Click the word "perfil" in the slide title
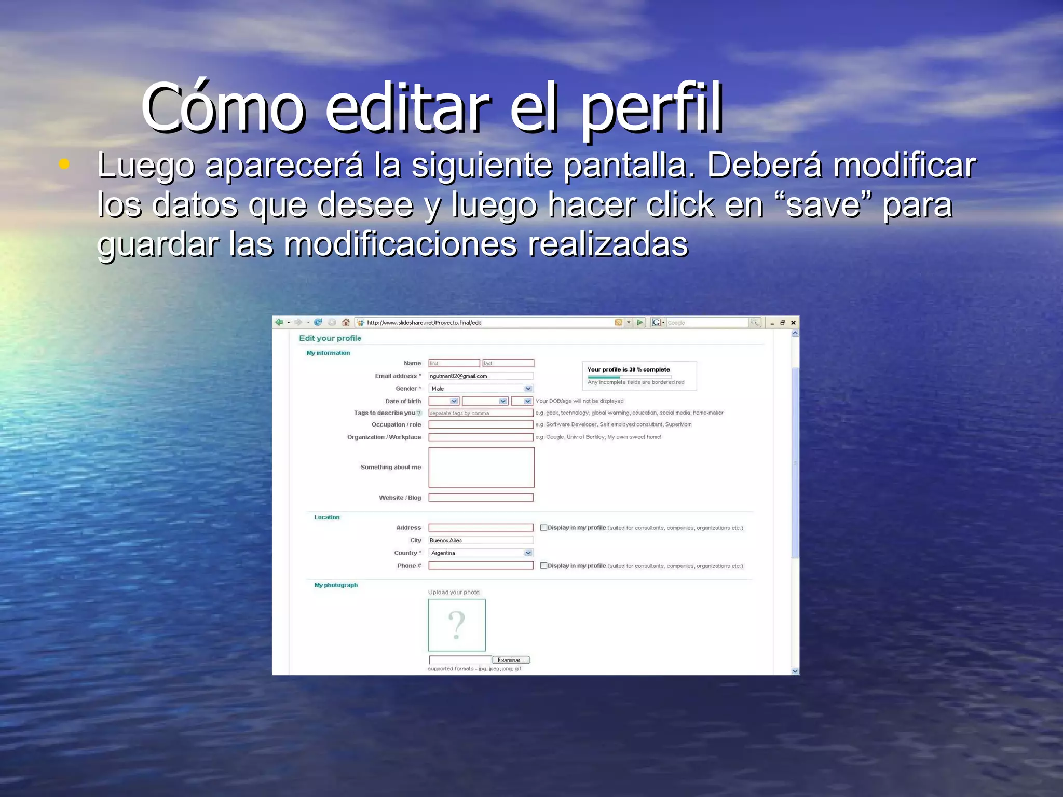click(651, 109)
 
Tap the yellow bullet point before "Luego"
click(64, 164)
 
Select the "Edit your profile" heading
click(330, 338)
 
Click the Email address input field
click(481, 376)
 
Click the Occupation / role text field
click(481, 424)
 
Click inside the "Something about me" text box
click(481, 467)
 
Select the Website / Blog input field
click(481, 498)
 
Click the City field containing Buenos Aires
click(481, 540)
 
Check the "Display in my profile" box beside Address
click(543, 528)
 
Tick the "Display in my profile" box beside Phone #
click(543, 566)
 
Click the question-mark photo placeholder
click(457, 625)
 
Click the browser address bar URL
click(424, 323)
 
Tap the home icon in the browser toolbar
click(346, 322)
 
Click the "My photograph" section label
click(336, 585)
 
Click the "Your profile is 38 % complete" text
click(629, 369)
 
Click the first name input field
click(454, 363)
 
